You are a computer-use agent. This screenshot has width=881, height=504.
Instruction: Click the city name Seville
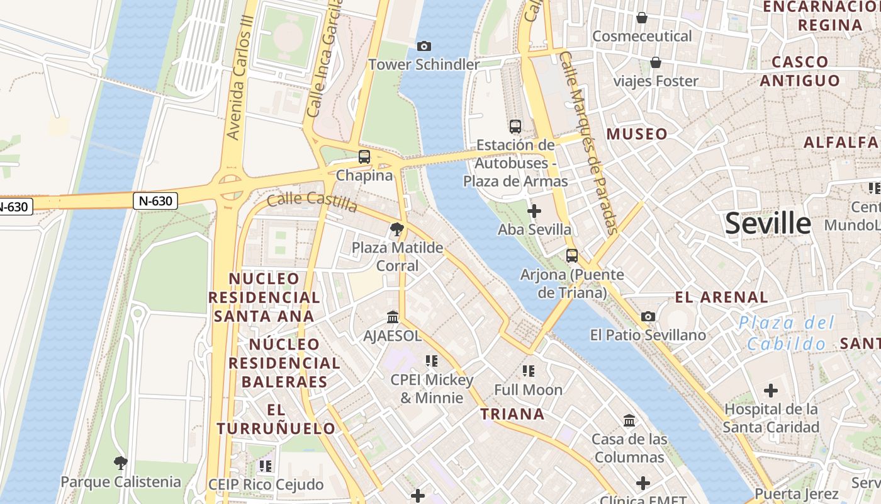pos(768,224)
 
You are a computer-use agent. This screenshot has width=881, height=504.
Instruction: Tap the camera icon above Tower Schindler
pos(424,46)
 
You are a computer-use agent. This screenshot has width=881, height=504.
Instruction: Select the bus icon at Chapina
pos(364,157)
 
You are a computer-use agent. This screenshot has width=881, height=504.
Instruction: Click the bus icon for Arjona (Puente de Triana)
pos(572,256)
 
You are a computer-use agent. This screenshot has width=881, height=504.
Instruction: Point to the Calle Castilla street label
pos(312,202)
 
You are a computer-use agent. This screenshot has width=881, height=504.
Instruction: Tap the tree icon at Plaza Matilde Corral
pos(396,229)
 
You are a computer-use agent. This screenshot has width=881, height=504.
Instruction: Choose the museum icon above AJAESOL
pos(393,317)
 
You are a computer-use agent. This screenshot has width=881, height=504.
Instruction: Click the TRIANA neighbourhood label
pos(512,414)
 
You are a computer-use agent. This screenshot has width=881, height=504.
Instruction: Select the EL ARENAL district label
pos(721,297)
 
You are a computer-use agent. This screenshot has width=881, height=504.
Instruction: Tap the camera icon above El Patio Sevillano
pos(648,316)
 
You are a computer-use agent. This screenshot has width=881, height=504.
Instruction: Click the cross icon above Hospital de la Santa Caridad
pos(771,391)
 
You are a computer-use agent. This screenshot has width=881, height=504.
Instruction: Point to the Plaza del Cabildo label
pos(787,333)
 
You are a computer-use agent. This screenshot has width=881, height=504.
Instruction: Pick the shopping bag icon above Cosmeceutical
pos(642,18)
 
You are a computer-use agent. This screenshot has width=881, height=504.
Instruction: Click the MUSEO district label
pos(637,134)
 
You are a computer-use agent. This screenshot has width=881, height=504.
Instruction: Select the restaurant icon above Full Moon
pos(528,371)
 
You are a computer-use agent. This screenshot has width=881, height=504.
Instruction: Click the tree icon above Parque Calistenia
pos(120,464)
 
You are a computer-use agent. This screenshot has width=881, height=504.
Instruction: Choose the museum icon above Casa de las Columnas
pos(629,420)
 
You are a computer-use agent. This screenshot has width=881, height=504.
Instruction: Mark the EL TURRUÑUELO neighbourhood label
pos(276,419)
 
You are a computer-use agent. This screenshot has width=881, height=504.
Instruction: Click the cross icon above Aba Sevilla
pos(534,211)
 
